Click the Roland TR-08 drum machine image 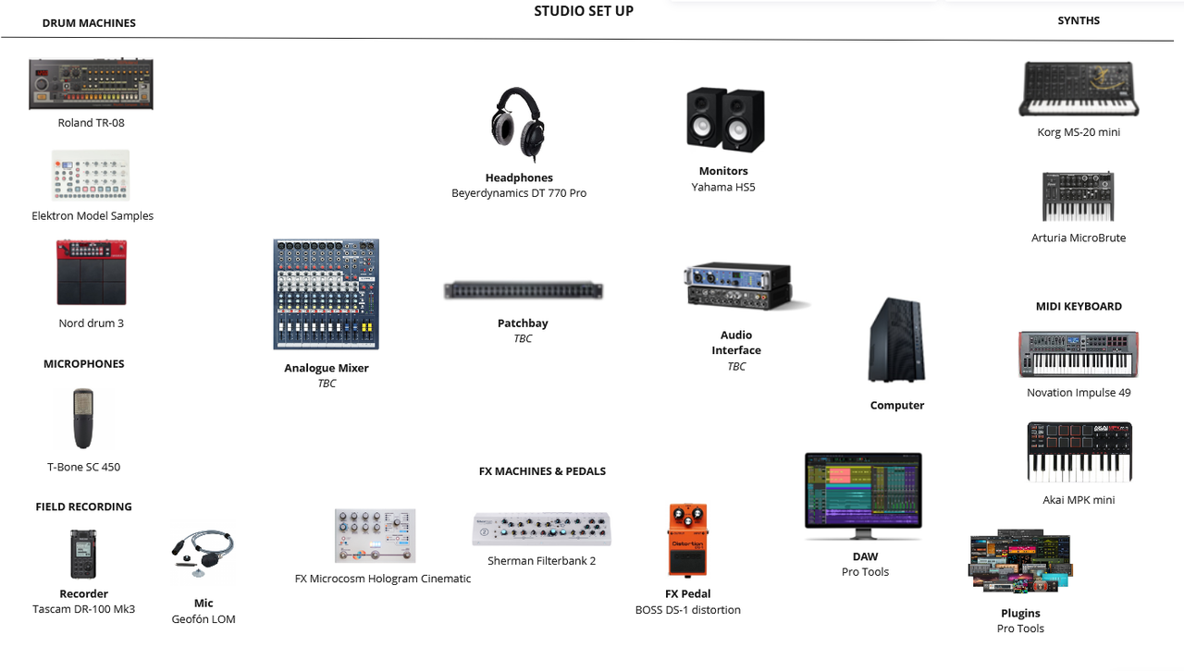click(91, 84)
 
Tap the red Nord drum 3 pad click(91, 273)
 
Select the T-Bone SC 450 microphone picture click(83, 419)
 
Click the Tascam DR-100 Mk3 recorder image click(83, 555)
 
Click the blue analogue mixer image click(327, 295)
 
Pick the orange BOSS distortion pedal click(687, 541)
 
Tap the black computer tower click(896, 341)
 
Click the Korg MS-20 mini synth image click(1079, 90)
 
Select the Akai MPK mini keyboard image click(1079, 452)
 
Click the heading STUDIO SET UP click(584, 11)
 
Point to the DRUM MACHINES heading click(89, 23)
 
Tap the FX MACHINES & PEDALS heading click(542, 471)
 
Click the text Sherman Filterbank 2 click(541, 561)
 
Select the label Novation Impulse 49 click(1079, 393)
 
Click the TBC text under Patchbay click(523, 339)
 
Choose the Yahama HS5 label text click(723, 187)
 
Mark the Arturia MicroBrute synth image click(1078, 197)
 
